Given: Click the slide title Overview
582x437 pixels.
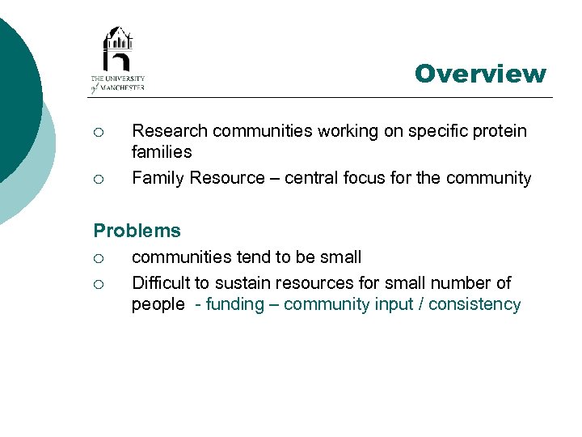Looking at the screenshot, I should coord(480,74).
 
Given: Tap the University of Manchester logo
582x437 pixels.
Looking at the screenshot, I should coord(118,60).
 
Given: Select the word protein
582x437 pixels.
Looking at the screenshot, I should coord(500,131).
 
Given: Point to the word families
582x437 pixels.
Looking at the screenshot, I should coord(162,152).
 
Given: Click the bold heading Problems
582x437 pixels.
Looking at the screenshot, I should coord(137,231).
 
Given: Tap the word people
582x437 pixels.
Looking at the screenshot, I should coord(158,305).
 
